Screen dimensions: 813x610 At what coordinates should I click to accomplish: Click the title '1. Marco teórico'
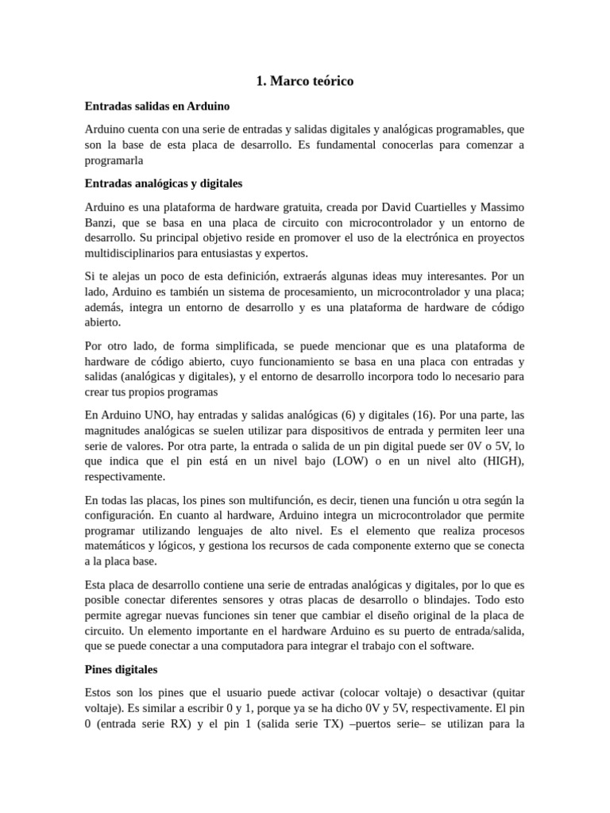(305, 81)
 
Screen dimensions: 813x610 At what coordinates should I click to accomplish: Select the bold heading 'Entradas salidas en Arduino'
(156, 106)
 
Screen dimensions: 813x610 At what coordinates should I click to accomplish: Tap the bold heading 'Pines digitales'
(121, 669)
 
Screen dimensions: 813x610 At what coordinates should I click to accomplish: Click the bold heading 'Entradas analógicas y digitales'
(163, 183)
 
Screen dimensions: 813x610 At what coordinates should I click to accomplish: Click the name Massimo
(500, 206)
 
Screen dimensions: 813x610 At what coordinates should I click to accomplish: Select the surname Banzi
(100, 222)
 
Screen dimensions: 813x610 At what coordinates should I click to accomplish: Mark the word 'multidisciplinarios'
(134, 253)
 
